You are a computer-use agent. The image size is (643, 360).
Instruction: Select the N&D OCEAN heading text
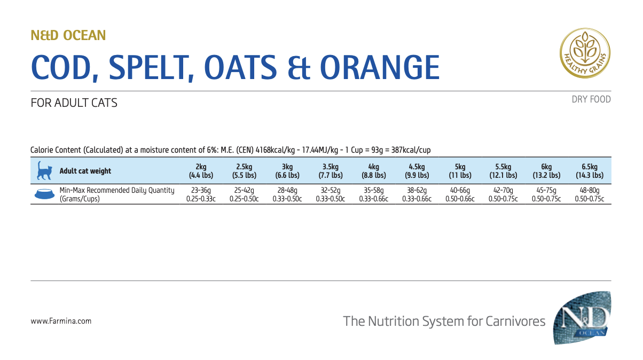[68, 36]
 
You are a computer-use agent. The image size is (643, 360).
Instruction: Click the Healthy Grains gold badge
[585, 52]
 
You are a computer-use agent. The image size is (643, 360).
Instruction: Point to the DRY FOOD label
[591, 99]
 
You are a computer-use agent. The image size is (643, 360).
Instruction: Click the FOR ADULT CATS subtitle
[74, 103]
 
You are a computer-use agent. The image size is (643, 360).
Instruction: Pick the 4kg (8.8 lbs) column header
[373, 171]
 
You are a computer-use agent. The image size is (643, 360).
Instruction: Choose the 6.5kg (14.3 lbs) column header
[589, 171]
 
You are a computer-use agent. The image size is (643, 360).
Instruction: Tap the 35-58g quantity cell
[373, 190]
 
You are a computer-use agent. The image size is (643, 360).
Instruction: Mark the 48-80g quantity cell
[589, 190]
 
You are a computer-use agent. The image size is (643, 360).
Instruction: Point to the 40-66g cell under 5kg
[460, 190]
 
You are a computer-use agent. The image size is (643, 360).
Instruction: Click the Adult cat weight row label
[85, 171]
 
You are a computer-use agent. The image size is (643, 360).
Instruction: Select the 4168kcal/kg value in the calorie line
[277, 151]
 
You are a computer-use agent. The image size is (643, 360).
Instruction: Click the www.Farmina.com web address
[61, 321]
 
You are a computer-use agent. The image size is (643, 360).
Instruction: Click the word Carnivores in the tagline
[515, 321]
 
